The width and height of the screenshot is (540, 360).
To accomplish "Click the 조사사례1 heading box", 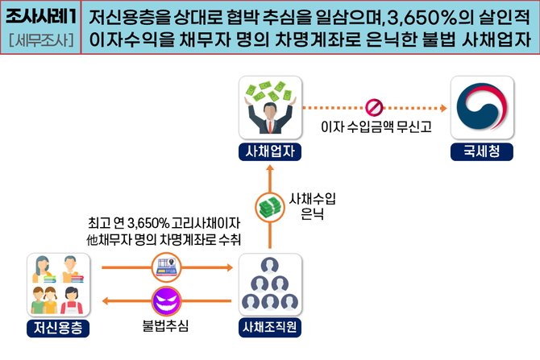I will (x=40, y=15).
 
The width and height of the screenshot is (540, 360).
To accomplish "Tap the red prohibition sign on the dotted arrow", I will (x=372, y=106).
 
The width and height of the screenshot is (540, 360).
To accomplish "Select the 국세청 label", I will (x=482, y=151).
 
